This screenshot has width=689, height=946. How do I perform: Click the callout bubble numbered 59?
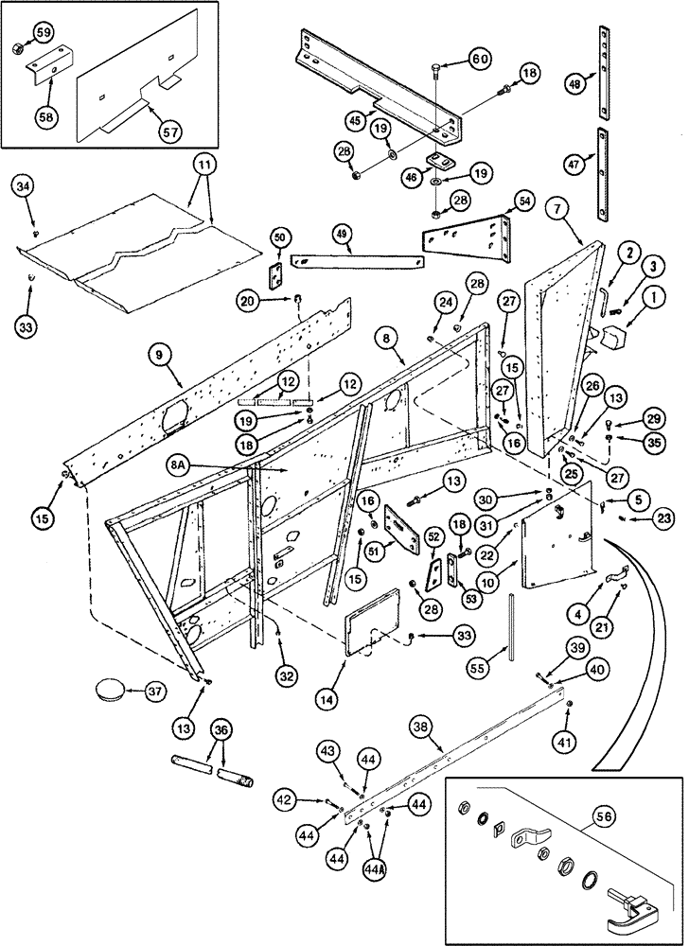pyautogui.click(x=44, y=32)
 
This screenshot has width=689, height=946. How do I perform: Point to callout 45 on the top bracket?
pyautogui.click(x=356, y=119)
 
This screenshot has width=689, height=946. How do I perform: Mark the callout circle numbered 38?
pyautogui.click(x=423, y=727)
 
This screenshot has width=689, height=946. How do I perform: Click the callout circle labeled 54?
pyautogui.click(x=524, y=201)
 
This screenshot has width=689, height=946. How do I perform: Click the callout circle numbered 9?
pyautogui.click(x=158, y=354)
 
